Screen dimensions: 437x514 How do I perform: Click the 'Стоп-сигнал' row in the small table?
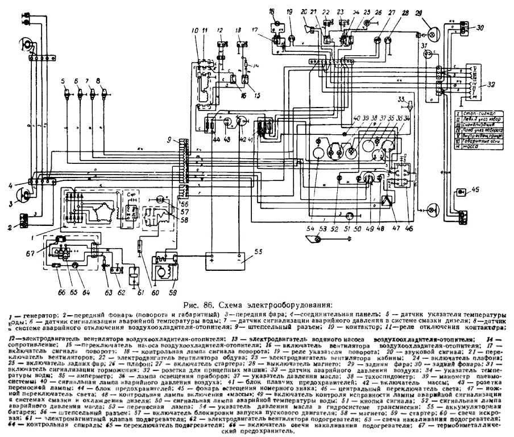pyautogui.click(x=481, y=105)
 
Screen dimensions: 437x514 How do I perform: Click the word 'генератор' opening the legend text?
pyautogui.click(x=28, y=315)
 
